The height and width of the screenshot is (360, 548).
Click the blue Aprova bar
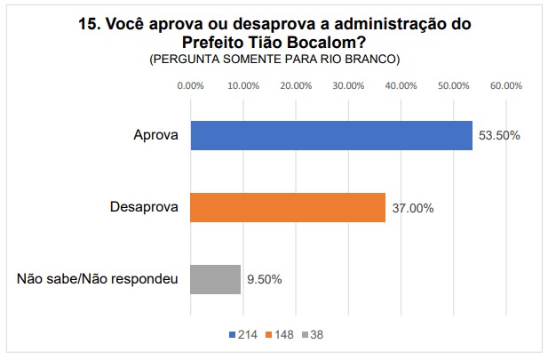(x=330, y=135)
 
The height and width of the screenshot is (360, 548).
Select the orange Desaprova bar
(x=288, y=207)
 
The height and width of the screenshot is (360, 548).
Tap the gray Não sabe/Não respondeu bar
(x=215, y=279)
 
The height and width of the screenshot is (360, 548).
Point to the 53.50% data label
(x=499, y=136)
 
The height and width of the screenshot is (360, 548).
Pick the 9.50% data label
(x=265, y=279)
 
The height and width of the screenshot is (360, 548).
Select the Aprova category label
(x=155, y=135)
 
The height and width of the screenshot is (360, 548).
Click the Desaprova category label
(x=144, y=207)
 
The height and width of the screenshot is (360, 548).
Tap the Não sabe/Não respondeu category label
(x=98, y=279)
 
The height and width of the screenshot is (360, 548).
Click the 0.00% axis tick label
(x=191, y=86)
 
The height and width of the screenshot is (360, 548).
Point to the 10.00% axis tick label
(x=243, y=86)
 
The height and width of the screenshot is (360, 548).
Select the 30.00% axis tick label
(x=348, y=86)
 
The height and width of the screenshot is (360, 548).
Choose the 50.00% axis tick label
(x=454, y=86)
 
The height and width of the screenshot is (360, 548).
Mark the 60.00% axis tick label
(x=506, y=86)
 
